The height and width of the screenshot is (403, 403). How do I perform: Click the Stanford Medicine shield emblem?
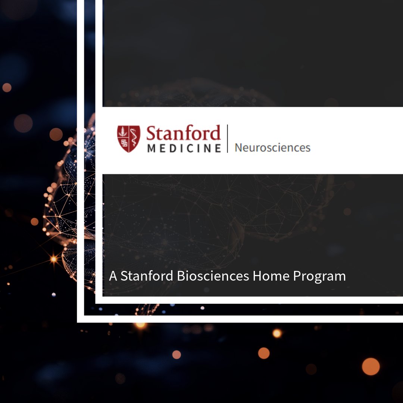(129, 138)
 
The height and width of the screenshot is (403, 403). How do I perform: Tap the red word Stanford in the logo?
(183, 134)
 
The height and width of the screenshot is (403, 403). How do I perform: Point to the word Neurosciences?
(272, 147)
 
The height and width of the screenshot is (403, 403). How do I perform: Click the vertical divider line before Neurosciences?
(227, 138)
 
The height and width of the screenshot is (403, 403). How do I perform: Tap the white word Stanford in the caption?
(147, 276)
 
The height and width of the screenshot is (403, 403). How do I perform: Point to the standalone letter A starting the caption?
(113, 276)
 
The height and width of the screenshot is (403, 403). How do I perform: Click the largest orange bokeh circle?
(371, 366)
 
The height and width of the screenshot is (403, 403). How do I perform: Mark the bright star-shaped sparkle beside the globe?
(54, 259)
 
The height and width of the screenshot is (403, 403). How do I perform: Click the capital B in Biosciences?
(181, 276)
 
